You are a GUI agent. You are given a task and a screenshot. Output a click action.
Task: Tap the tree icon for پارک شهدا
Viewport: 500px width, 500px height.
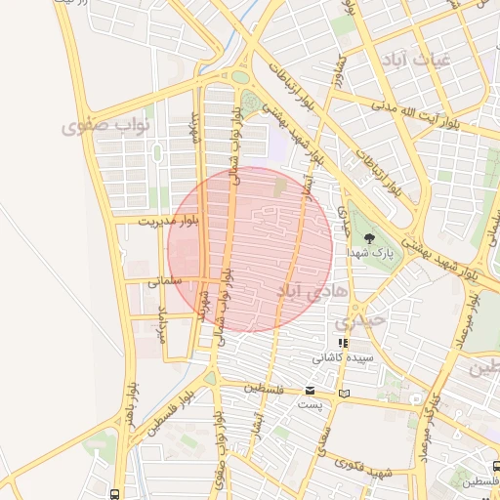[x=368, y=237]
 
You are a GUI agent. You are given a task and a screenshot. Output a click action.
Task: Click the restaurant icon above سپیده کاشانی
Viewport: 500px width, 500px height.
[x=342, y=344]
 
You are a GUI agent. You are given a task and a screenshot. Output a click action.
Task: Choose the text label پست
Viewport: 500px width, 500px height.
[x=310, y=404]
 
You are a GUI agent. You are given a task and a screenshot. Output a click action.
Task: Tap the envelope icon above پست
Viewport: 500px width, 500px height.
[x=310, y=391]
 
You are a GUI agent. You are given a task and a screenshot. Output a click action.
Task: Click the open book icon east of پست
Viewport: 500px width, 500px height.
[x=342, y=394]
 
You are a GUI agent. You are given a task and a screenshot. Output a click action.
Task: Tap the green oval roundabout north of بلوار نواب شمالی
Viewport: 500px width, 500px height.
[x=240, y=77]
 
